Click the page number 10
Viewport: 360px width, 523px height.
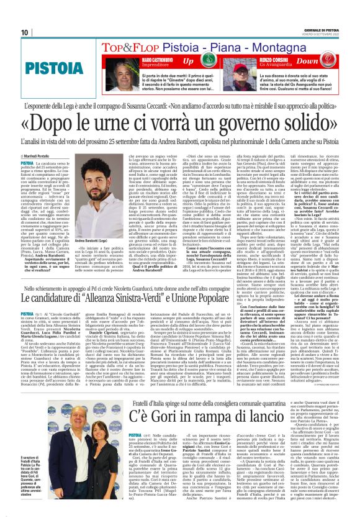(25, 32)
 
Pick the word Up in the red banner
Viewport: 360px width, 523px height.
(187, 61)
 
